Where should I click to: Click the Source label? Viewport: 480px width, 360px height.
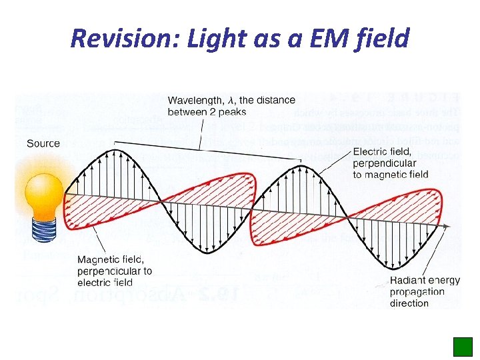click(x=43, y=143)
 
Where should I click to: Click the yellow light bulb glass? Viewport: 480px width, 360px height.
click(x=43, y=190)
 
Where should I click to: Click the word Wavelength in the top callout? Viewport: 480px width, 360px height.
click(x=194, y=100)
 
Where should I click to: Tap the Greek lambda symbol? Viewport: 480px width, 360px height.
click(x=231, y=100)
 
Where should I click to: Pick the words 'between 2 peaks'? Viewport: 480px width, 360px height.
click(x=207, y=112)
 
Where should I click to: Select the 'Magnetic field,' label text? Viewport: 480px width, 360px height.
click(x=109, y=260)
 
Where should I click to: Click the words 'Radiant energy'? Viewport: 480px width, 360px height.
click(x=425, y=281)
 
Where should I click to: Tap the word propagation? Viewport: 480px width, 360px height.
click(x=417, y=292)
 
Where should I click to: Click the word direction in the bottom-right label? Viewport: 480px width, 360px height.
click(x=409, y=303)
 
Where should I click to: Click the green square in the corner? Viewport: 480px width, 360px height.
click(x=463, y=347)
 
